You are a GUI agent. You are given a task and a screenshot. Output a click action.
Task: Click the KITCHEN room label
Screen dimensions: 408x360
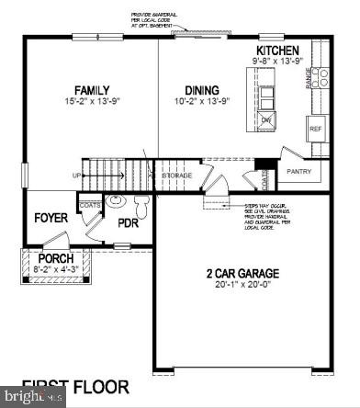tap(278, 51)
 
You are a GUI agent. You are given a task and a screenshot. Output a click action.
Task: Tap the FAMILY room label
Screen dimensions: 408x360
tap(93, 90)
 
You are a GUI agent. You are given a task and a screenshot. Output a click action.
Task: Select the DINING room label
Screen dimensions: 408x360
tap(201, 90)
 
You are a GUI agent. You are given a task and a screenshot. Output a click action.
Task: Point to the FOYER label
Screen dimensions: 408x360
tap(51, 218)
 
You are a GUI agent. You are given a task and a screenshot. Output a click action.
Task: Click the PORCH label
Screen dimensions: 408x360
tap(55, 259)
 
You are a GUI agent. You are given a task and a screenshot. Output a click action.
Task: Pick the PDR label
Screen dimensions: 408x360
tap(128, 222)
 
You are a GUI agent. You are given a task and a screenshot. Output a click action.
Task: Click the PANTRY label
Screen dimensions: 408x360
tap(299, 171)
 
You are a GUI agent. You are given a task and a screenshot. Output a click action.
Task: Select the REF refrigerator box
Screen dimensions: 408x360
tap(316, 130)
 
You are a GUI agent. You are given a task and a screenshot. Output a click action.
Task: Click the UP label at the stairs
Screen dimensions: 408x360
tap(78, 174)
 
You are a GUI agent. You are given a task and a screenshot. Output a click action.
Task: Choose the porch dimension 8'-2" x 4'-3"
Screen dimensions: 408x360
tap(55, 270)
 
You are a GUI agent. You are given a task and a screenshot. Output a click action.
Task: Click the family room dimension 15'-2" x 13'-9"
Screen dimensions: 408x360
tap(93, 103)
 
